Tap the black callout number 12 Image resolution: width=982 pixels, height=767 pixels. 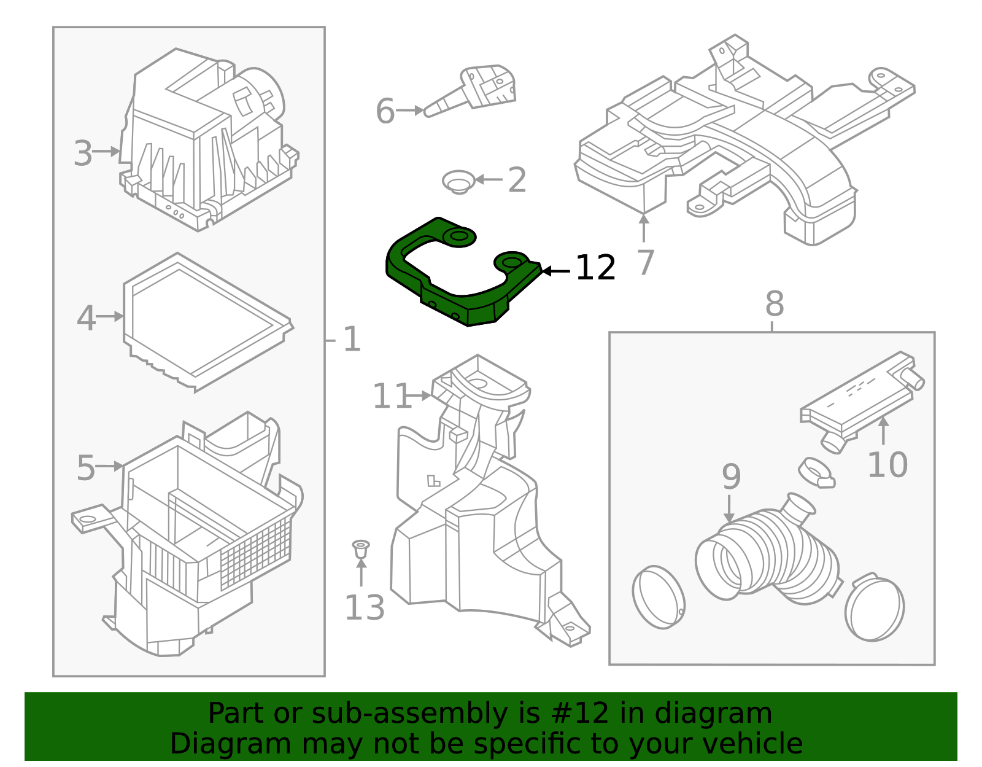595,268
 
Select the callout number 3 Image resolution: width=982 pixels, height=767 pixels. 83,153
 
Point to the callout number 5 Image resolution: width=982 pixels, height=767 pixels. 86,469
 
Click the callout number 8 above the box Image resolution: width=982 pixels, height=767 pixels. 775,304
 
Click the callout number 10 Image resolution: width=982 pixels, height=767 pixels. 887,465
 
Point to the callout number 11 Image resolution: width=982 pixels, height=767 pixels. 391,396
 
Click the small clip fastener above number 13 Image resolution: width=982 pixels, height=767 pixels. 361,548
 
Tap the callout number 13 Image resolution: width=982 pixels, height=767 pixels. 364,608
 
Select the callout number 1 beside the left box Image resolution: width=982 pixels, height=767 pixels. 352,340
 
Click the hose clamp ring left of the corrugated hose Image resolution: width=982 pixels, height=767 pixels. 659,598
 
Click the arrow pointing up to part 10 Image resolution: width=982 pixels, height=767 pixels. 883,430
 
